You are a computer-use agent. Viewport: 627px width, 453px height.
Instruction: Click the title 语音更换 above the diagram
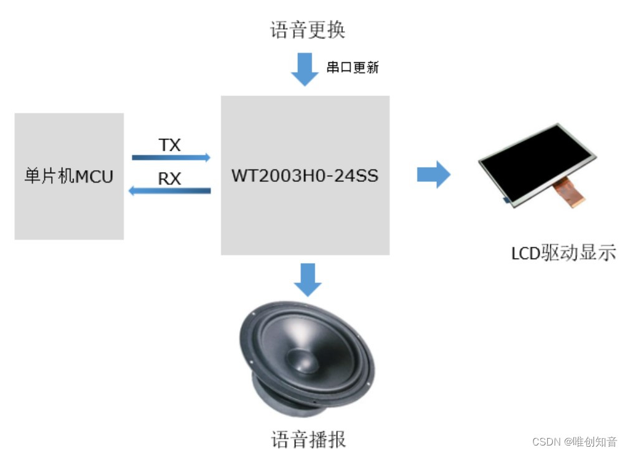coord(308,30)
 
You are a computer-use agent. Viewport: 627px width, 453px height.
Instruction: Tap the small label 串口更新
coord(352,68)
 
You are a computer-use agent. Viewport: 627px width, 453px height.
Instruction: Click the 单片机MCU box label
coord(69,176)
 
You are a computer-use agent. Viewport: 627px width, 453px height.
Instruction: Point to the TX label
coord(170,145)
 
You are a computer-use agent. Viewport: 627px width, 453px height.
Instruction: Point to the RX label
coord(170,179)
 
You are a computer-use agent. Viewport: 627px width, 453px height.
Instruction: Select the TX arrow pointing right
coord(171,158)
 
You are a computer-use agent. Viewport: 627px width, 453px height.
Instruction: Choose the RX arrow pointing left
coord(170,191)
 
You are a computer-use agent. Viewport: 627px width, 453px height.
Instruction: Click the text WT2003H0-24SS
coord(305,175)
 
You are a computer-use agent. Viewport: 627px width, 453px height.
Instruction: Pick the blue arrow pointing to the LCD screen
coord(433,174)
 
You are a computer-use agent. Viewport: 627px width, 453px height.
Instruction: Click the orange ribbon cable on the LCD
coord(571,190)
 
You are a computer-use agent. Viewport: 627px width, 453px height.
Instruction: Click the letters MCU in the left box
coord(94,176)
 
